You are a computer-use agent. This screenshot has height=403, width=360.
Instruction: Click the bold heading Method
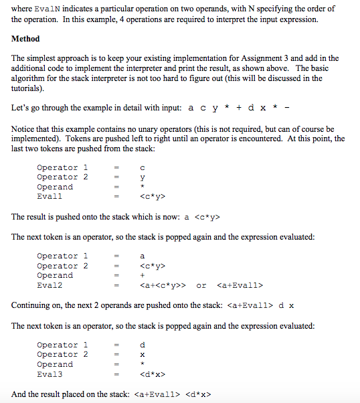(x=26, y=39)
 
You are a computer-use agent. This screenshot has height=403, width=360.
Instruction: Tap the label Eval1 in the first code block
(x=50, y=197)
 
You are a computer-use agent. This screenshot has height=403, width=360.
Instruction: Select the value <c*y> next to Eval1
(x=152, y=197)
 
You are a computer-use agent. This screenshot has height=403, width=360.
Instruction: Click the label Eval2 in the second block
(x=50, y=285)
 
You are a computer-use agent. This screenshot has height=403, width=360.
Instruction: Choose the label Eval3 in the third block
(x=50, y=374)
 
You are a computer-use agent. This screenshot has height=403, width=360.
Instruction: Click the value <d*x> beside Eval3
(x=152, y=374)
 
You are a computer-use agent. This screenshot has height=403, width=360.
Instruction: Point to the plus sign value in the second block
(x=142, y=275)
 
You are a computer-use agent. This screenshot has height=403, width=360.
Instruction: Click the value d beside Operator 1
(x=142, y=345)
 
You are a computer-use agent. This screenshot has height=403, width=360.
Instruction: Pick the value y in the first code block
(x=142, y=177)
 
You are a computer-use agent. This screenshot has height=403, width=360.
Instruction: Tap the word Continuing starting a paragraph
(x=33, y=305)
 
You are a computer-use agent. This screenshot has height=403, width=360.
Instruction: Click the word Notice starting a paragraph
(x=25, y=129)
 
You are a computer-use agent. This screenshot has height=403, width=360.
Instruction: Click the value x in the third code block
(x=142, y=355)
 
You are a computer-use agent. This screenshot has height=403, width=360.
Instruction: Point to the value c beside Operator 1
(x=142, y=167)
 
